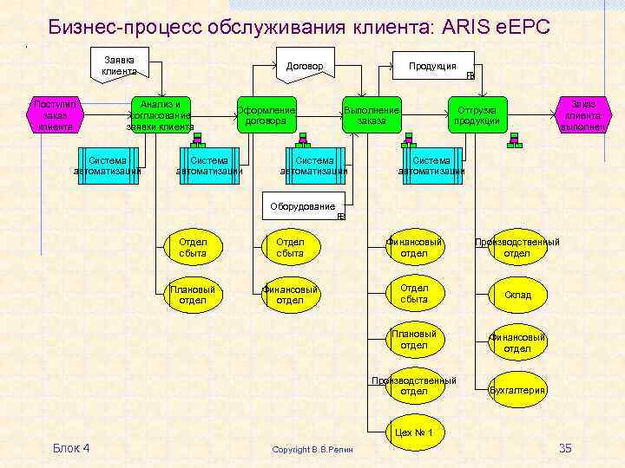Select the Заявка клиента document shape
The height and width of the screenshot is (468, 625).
(119, 65)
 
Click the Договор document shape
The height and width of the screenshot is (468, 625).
(305, 66)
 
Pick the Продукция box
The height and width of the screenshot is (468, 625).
(432, 66)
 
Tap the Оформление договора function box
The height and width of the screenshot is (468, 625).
(266, 115)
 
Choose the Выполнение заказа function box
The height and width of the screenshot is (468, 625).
(372, 115)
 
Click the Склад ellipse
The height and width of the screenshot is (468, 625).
(517, 295)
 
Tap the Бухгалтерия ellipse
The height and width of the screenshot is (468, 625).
(517, 390)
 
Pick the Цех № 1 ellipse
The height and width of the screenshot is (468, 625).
(414, 432)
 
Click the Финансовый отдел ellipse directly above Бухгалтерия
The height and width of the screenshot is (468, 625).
(517, 342)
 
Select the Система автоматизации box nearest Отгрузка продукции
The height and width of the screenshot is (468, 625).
(431, 165)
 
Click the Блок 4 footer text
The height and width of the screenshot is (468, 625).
(71, 448)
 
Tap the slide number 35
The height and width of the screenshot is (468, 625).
(565, 448)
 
